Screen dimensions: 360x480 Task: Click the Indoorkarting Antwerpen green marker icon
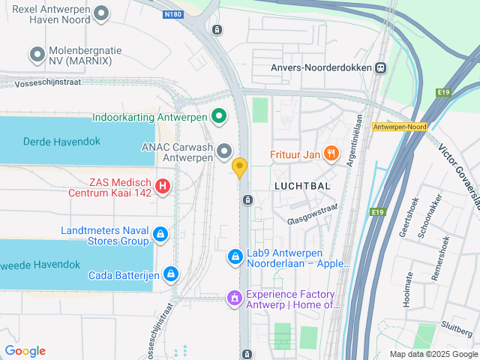(219, 116)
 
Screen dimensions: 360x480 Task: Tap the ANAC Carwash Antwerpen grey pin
(224, 153)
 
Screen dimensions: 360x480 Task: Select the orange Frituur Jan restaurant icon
(331, 154)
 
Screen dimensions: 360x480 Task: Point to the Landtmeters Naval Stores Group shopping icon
(160, 235)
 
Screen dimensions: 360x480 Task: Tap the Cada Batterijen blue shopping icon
(171, 274)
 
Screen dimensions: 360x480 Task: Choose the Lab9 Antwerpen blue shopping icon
(235, 257)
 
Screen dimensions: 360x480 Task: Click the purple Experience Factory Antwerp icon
(235, 299)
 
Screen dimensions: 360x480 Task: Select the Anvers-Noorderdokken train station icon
(381, 67)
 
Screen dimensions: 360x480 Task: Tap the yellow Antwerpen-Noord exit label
(399, 127)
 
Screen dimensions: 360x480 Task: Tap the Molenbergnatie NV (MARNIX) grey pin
(36, 53)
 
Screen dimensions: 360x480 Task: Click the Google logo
(25, 351)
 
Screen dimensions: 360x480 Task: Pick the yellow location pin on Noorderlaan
(240, 167)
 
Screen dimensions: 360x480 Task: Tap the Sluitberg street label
(455, 325)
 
